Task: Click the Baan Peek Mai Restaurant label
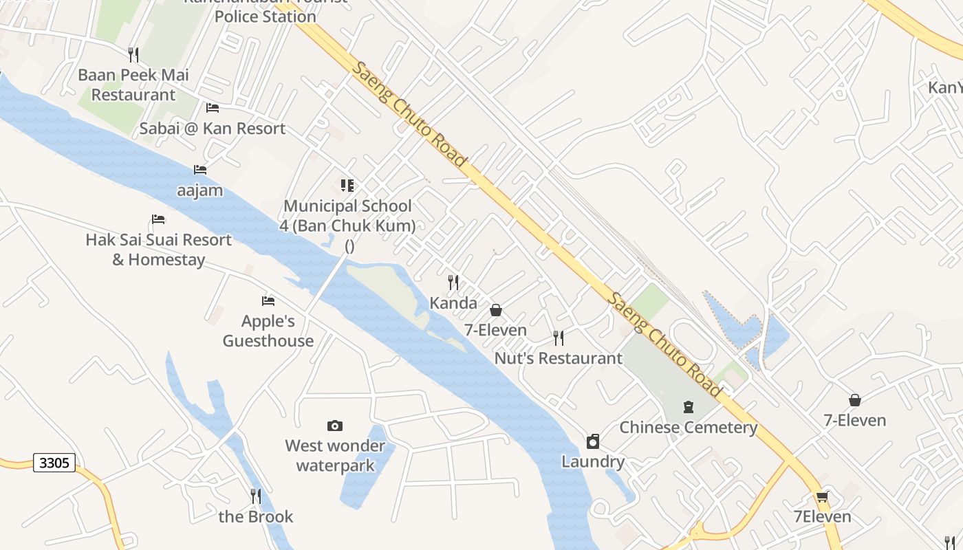pyautogui.click(x=133, y=85)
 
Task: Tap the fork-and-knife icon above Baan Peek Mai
pyautogui.click(x=133, y=54)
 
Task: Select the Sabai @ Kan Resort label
pyautogui.click(x=213, y=129)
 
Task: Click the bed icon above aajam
pyautogui.click(x=200, y=169)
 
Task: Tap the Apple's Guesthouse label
pyautogui.click(x=268, y=331)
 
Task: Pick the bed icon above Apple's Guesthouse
pyautogui.click(x=268, y=300)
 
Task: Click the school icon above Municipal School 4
pyautogui.click(x=347, y=185)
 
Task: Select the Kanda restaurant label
pyautogui.click(x=453, y=303)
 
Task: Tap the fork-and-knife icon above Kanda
pyautogui.click(x=453, y=282)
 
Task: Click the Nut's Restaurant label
pyautogui.click(x=559, y=358)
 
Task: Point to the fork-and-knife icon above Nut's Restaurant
pyautogui.click(x=559, y=338)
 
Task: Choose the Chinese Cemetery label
pyautogui.click(x=689, y=428)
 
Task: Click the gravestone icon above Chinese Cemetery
pyautogui.click(x=689, y=407)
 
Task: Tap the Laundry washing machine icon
pyautogui.click(x=593, y=441)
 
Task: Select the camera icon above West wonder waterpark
pyautogui.click(x=335, y=426)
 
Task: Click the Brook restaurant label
pyautogui.click(x=256, y=517)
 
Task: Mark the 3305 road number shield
pyautogui.click(x=54, y=463)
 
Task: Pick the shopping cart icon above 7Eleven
pyautogui.click(x=822, y=496)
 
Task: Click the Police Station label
pyautogui.click(x=266, y=16)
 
